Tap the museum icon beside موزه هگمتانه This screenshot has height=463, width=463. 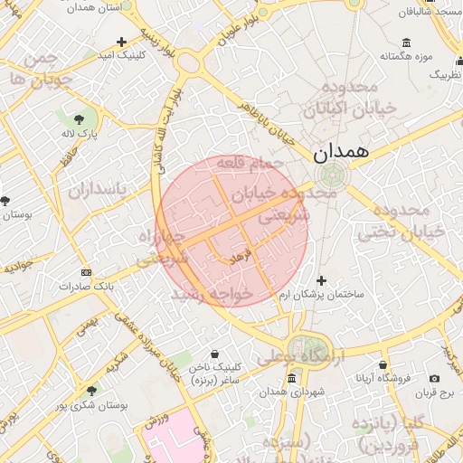[406, 43]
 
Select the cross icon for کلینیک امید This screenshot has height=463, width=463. [122, 42]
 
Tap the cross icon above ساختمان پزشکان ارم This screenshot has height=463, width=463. [321, 280]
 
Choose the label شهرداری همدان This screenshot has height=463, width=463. [289, 392]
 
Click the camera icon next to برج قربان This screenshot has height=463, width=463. [435, 379]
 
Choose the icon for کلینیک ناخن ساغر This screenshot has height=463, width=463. [215, 354]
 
